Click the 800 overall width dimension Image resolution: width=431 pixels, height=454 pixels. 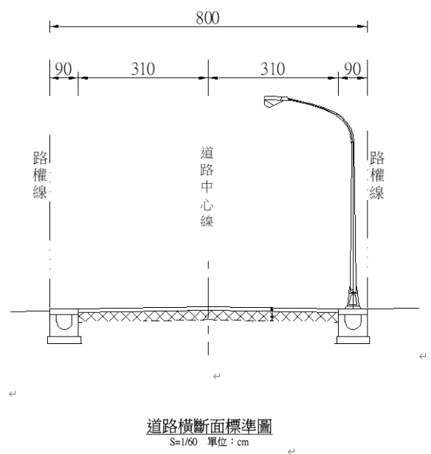coord(207,18)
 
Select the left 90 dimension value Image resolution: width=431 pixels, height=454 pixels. coord(63,69)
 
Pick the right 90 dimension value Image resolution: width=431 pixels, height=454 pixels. coord(352,69)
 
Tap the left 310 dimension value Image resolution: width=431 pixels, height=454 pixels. coord(143,69)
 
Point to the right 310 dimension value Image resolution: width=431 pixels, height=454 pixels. coord(272,69)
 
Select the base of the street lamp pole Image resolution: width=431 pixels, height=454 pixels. coord(353,300)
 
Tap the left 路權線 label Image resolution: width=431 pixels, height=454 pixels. coord(40,175)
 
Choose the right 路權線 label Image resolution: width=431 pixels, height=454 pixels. coord(377,175)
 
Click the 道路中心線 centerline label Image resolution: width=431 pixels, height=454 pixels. coord(207,187)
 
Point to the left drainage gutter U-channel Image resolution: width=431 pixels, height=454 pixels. coord(63,322)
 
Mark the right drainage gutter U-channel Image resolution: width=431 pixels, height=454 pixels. coord(353,322)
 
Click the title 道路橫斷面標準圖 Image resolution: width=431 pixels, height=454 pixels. coord(209,426)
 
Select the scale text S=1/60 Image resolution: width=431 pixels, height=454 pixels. coord(184,442)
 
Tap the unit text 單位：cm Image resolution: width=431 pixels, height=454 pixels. coord(228,442)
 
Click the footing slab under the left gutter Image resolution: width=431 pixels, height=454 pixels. coord(64,340)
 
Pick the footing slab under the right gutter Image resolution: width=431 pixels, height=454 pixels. coord(353,340)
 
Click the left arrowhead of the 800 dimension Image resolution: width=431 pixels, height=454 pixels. coord(55,27)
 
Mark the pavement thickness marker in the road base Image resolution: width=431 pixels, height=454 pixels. coord(272,314)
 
